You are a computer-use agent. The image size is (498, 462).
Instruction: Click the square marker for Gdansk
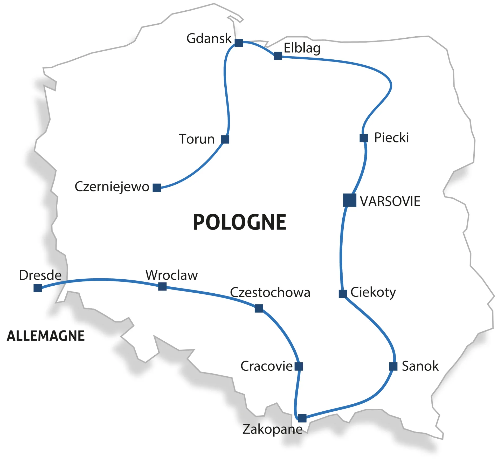(x=239, y=43)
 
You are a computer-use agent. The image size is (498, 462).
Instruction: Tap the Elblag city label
(x=302, y=48)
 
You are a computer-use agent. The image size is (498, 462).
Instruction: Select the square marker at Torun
(x=225, y=139)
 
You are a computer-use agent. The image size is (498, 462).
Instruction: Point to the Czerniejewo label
(x=112, y=187)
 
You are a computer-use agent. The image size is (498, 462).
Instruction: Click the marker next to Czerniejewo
(x=157, y=188)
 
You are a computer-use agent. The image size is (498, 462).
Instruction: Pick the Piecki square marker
(x=364, y=138)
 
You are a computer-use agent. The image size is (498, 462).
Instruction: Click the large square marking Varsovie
(x=349, y=200)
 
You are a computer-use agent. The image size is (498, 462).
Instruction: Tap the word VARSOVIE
(x=390, y=202)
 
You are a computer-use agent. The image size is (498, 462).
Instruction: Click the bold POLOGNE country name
(x=239, y=222)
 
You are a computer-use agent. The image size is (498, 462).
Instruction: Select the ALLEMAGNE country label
(x=46, y=336)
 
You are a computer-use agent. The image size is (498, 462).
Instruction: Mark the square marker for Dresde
(x=38, y=288)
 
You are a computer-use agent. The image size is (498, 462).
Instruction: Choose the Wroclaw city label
(x=171, y=275)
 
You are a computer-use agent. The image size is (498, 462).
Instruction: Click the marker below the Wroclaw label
(x=162, y=287)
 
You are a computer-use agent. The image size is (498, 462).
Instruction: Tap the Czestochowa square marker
(x=259, y=308)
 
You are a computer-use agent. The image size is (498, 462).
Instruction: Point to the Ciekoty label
(x=373, y=293)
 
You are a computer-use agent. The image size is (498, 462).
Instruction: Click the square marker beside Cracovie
(x=299, y=367)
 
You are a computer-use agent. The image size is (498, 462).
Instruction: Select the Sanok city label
(x=420, y=366)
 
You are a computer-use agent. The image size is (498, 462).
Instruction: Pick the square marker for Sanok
(x=393, y=367)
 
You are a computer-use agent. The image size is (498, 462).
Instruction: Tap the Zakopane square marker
(x=302, y=418)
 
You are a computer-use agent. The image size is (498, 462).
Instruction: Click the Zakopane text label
(x=272, y=429)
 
